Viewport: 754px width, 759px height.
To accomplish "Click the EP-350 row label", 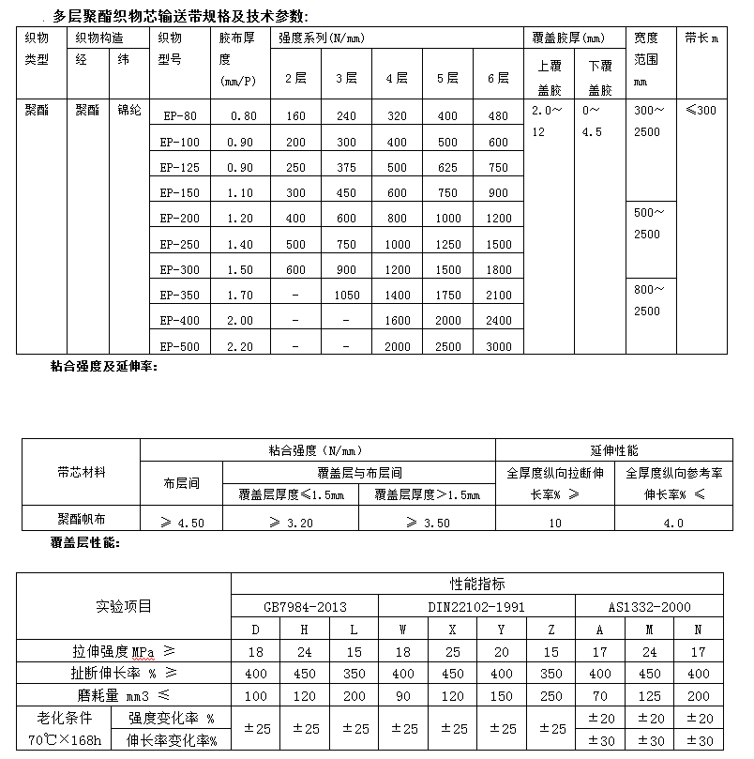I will (179, 296).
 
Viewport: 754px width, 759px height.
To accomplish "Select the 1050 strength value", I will (346, 296).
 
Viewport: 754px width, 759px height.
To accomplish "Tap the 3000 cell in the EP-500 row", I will (499, 346).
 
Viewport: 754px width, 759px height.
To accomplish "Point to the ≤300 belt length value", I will (701, 111).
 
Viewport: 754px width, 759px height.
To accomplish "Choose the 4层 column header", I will (397, 78).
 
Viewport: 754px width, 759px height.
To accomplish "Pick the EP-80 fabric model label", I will (179, 116).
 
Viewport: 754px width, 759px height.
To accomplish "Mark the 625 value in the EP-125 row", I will (448, 168).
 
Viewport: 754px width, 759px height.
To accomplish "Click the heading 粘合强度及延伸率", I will (104, 366).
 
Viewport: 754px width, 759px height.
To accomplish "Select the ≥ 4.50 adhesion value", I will (181, 523).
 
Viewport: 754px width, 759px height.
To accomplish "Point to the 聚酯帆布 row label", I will (81, 518).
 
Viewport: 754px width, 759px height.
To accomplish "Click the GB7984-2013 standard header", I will (305, 607).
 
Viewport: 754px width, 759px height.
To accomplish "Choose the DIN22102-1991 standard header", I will (476, 607).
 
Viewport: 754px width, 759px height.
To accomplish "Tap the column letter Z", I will (551, 629).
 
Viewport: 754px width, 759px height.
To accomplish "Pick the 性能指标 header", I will (476, 584).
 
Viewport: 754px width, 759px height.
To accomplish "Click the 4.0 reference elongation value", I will (673, 523).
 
